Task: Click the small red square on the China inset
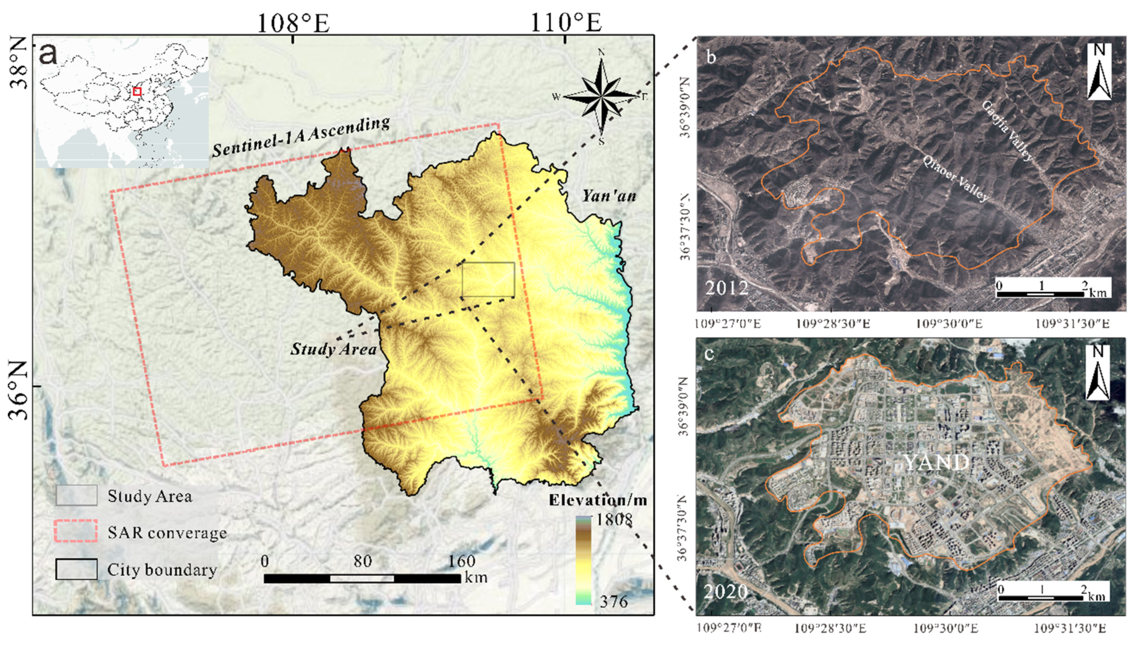coord(137,91)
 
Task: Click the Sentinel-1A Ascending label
coord(301,137)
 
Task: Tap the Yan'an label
coord(609,195)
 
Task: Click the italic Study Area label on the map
coord(333,349)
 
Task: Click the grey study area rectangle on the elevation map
coord(488,279)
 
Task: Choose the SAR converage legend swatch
coord(76,531)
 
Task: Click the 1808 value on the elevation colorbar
coord(613,520)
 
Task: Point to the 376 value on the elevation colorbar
coord(613,601)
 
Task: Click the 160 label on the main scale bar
coord(462,561)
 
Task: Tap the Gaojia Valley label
coord(1006,131)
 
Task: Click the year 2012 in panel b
coord(727,288)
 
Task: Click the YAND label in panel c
coord(936,463)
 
